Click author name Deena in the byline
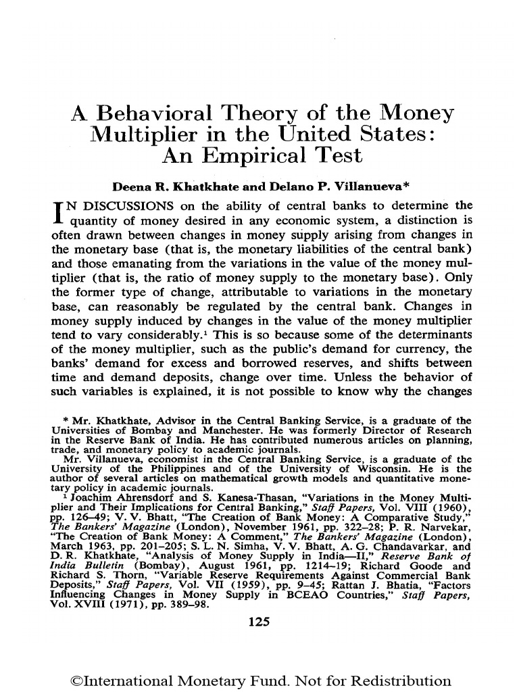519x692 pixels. click(x=122, y=186)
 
